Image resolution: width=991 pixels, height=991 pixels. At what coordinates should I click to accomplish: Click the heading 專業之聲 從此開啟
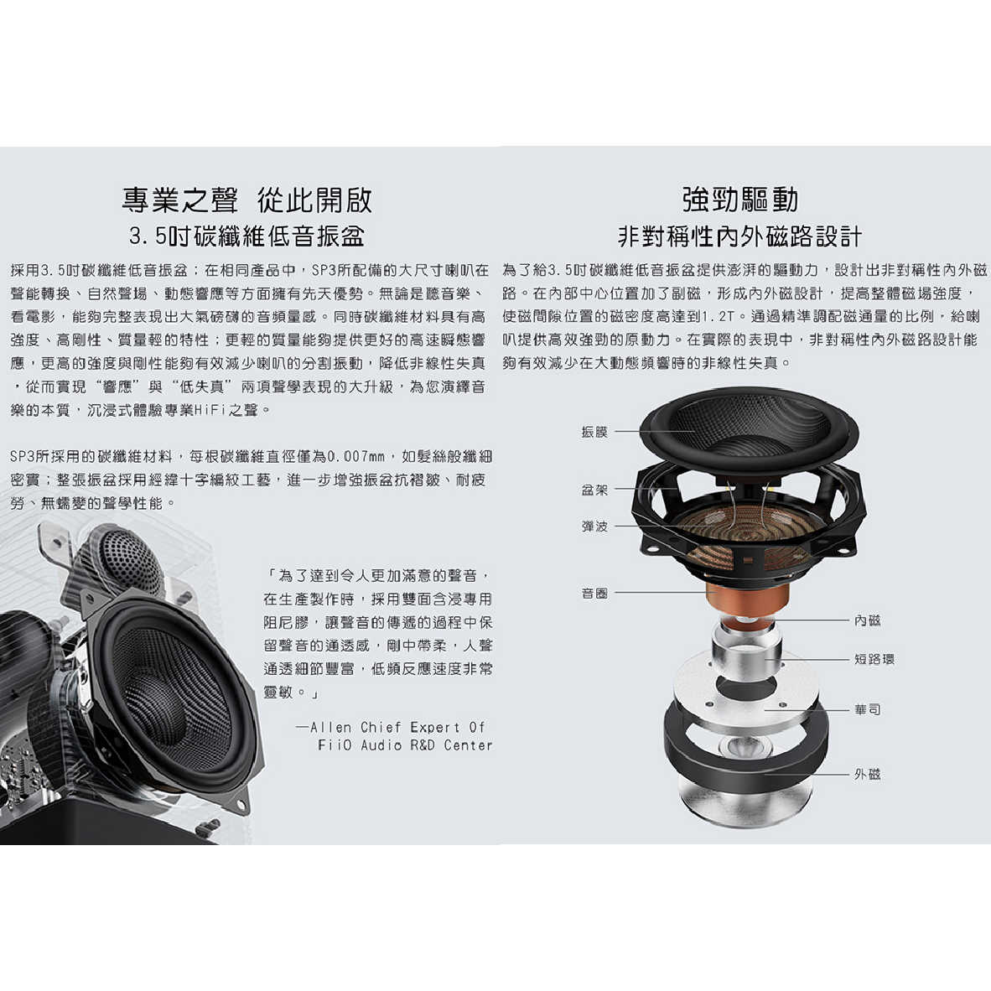click(247, 200)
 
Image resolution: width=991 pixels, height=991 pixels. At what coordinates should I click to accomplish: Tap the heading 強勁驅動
click(740, 200)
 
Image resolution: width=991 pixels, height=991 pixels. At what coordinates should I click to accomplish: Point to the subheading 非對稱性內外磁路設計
click(740, 236)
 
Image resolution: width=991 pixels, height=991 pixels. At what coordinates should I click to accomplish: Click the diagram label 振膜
click(594, 432)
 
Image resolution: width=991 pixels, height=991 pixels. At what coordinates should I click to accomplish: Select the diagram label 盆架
click(594, 490)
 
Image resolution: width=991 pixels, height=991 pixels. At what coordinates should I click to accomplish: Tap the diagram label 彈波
click(594, 527)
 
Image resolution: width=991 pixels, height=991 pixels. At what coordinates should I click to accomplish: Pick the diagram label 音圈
click(594, 594)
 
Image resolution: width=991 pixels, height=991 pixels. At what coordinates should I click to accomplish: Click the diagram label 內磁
click(868, 620)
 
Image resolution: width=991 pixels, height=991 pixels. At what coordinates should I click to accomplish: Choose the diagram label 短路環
click(874, 659)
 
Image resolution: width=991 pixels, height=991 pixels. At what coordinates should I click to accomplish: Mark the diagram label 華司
click(868, 709)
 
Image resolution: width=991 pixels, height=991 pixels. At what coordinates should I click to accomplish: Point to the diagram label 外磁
click(868, 774)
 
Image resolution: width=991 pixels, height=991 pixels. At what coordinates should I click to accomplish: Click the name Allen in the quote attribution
click(330, 727)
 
